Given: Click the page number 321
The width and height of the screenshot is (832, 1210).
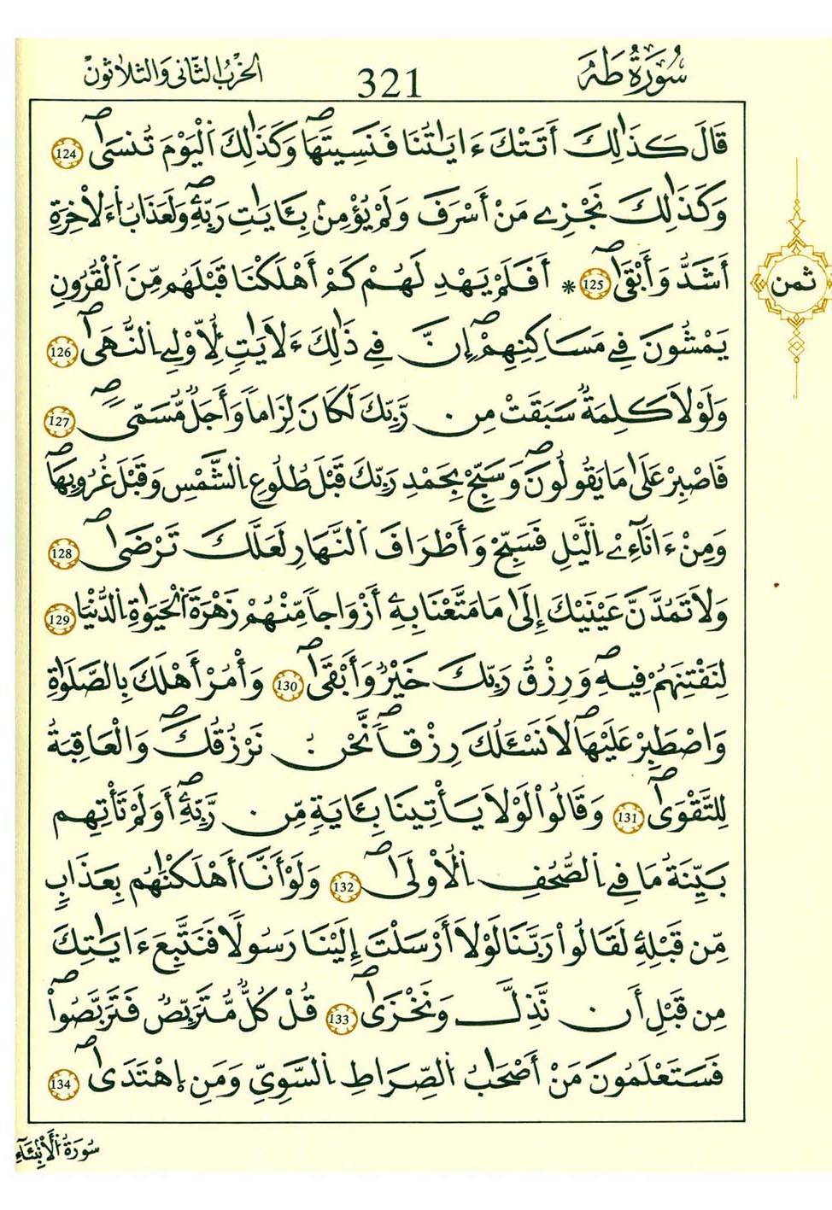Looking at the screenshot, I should [390, 83].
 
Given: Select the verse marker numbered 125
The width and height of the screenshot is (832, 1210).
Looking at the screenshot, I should [592, 284].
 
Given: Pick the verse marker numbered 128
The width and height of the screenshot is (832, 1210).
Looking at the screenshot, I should [63, 555].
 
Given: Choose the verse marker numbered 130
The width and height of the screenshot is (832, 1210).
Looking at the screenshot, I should [285, 687].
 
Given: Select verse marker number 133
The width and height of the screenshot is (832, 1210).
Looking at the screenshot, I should [340, 1018].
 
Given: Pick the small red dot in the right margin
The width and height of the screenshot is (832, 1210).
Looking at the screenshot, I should [777, 586].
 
